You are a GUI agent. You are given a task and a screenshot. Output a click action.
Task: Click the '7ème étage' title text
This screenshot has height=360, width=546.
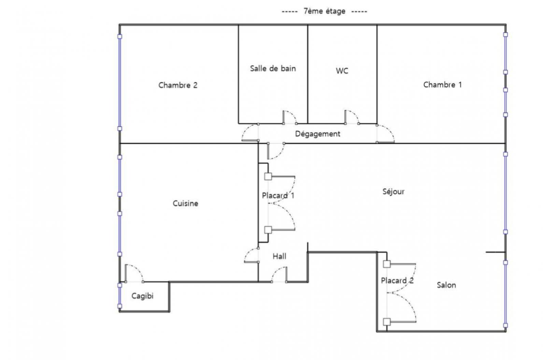tap(325, 11)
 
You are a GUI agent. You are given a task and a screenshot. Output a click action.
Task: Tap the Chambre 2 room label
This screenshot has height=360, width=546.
tap(178, 85)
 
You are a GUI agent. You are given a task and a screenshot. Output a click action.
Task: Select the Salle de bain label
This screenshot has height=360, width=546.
tap(273, 69)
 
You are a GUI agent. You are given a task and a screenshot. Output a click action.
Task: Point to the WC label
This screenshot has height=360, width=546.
tap(342, 71)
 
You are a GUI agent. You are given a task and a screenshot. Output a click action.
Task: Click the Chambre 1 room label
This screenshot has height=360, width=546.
tap(442, 85)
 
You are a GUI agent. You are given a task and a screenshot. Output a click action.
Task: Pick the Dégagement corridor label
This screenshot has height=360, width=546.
tap(318, 134)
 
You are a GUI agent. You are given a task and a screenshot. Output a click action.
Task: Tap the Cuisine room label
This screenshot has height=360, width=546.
tap(186, 204)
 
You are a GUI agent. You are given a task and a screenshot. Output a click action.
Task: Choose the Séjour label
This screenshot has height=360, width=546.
tap(393, 192)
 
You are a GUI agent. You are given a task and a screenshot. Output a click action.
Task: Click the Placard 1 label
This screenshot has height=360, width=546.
tap(278, 195)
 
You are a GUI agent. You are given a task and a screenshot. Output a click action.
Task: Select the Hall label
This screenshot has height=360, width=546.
tap(279, 256)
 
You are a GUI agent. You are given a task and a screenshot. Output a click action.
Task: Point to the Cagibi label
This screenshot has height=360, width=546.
tap(142, 296)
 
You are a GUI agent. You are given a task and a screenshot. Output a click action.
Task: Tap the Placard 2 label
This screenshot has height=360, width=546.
tap(397, 280)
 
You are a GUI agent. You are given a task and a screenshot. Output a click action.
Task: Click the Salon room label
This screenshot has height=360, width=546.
tap(446, 285)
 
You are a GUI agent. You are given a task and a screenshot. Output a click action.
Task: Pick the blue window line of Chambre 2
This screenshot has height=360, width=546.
tap(120, 82)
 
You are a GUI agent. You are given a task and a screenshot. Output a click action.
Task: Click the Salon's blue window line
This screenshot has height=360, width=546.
tap(505, 294)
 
